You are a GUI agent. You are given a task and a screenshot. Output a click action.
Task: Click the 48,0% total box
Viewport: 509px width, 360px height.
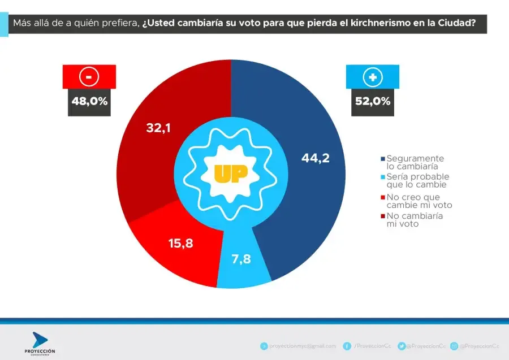click(x=89, y=102)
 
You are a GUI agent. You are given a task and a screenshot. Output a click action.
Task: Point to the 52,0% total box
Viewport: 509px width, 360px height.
click(x=373, y=102)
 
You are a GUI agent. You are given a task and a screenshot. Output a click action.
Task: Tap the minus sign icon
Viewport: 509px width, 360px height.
click(x=89, y=77)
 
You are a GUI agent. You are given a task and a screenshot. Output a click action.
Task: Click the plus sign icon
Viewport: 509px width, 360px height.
click(x=373, y=77)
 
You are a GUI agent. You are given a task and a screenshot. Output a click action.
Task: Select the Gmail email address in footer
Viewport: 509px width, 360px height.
click(x=303, y=346)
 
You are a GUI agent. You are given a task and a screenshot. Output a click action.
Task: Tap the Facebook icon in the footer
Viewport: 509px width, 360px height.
click(x=347, y=346)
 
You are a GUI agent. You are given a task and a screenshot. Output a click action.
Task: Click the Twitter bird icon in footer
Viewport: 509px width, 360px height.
click(x=401, y=346)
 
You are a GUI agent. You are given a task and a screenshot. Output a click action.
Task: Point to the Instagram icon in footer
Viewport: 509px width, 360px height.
click(x=454, y=346)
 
